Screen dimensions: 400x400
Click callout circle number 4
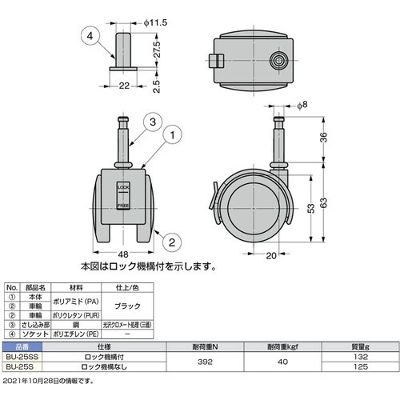tap(90, 34)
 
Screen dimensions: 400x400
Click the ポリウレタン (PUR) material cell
tap(78, 314)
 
